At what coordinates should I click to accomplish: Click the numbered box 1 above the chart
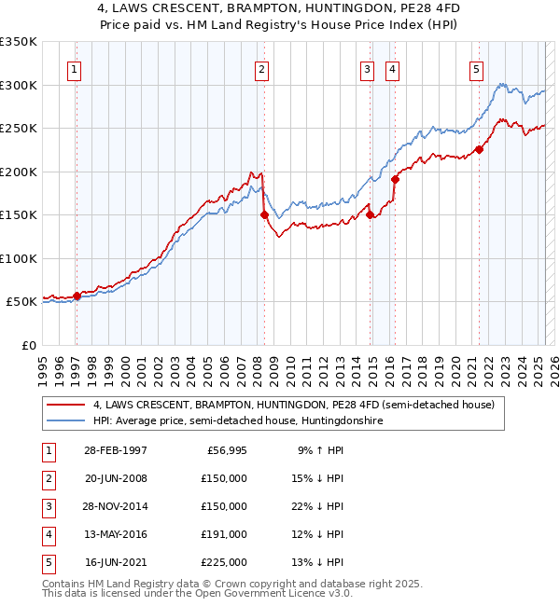(74, 69)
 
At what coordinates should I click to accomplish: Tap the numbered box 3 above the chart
(368, 69)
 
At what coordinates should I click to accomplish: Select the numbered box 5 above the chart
(476, 69)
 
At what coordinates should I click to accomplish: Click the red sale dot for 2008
(264, 214)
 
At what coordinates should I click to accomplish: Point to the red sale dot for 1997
(77, 296)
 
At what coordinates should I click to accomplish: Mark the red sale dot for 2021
(479, 149)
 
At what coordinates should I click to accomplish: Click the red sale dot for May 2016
(395, 179)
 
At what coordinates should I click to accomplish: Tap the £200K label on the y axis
(18, 172)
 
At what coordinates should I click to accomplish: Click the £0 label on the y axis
(26, 345)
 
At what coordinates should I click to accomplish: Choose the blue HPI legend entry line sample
(66, 420)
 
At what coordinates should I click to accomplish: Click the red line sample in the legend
(66, 405)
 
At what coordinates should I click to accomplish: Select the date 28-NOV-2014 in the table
(116, 506)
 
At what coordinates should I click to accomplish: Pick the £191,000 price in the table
(223, 534)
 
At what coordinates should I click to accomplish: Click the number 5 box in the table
(49, 562)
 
